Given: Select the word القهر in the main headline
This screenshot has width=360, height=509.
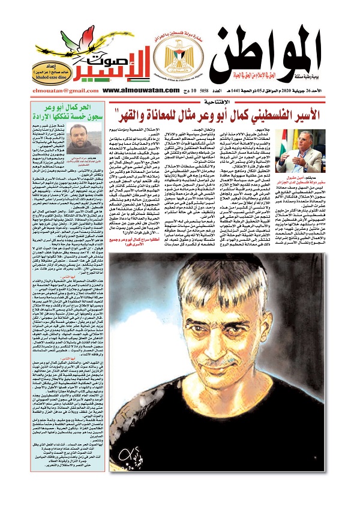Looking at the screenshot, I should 123,113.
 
